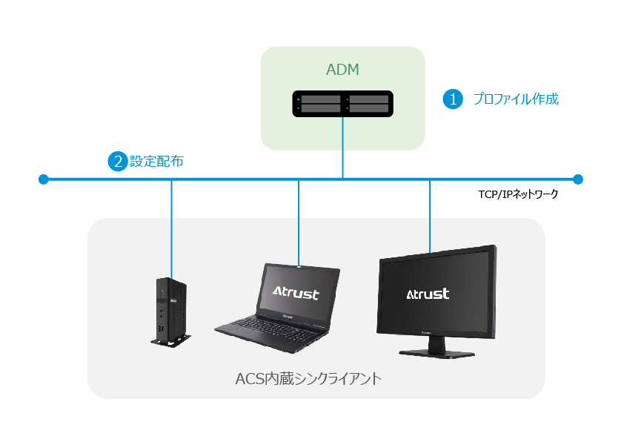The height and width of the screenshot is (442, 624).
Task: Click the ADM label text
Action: (343, 70)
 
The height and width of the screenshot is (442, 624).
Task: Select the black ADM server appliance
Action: (342, 103)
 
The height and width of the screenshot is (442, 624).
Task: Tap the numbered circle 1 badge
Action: (452, 99)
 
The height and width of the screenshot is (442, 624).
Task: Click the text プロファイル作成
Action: (515, 99)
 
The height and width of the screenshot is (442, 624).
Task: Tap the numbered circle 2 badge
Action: (117, 161)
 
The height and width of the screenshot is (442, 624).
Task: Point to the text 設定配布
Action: (156, 161)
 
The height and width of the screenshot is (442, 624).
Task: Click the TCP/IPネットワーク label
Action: (518, 194)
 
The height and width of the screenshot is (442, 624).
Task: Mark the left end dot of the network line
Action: (43, 179)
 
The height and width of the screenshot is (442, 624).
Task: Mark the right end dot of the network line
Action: (578, 179)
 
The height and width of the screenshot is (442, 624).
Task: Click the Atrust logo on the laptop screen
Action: (295, 293)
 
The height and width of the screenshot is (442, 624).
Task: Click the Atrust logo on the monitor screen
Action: (428, 294)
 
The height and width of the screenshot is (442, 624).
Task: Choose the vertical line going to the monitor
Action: (430, 215)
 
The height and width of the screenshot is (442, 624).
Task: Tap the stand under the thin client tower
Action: (170, 341)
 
